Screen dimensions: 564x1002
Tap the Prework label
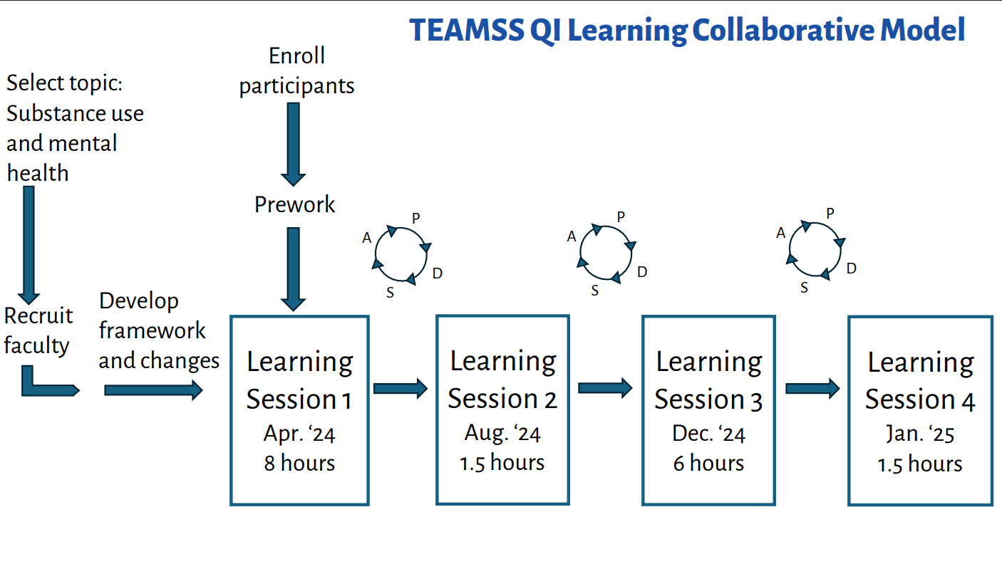[x=294, y=204]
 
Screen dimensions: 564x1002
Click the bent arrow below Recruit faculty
[x=46, y=385]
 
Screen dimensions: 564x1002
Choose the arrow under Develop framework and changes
[x=153, y=390]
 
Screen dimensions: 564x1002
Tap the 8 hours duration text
[x=299, y=463]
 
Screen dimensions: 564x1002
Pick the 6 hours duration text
[x=708, y=463]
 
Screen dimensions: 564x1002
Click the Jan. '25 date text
[x=920, y=434]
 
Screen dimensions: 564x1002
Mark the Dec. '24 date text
[x=708, y=433]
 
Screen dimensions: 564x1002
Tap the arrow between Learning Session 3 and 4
[x=812, y=388]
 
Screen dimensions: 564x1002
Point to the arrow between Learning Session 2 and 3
[x=605, y=388]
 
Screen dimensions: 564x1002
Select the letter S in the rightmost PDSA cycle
[x=805, y=288]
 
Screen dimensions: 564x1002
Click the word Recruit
[x=38, y=315]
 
